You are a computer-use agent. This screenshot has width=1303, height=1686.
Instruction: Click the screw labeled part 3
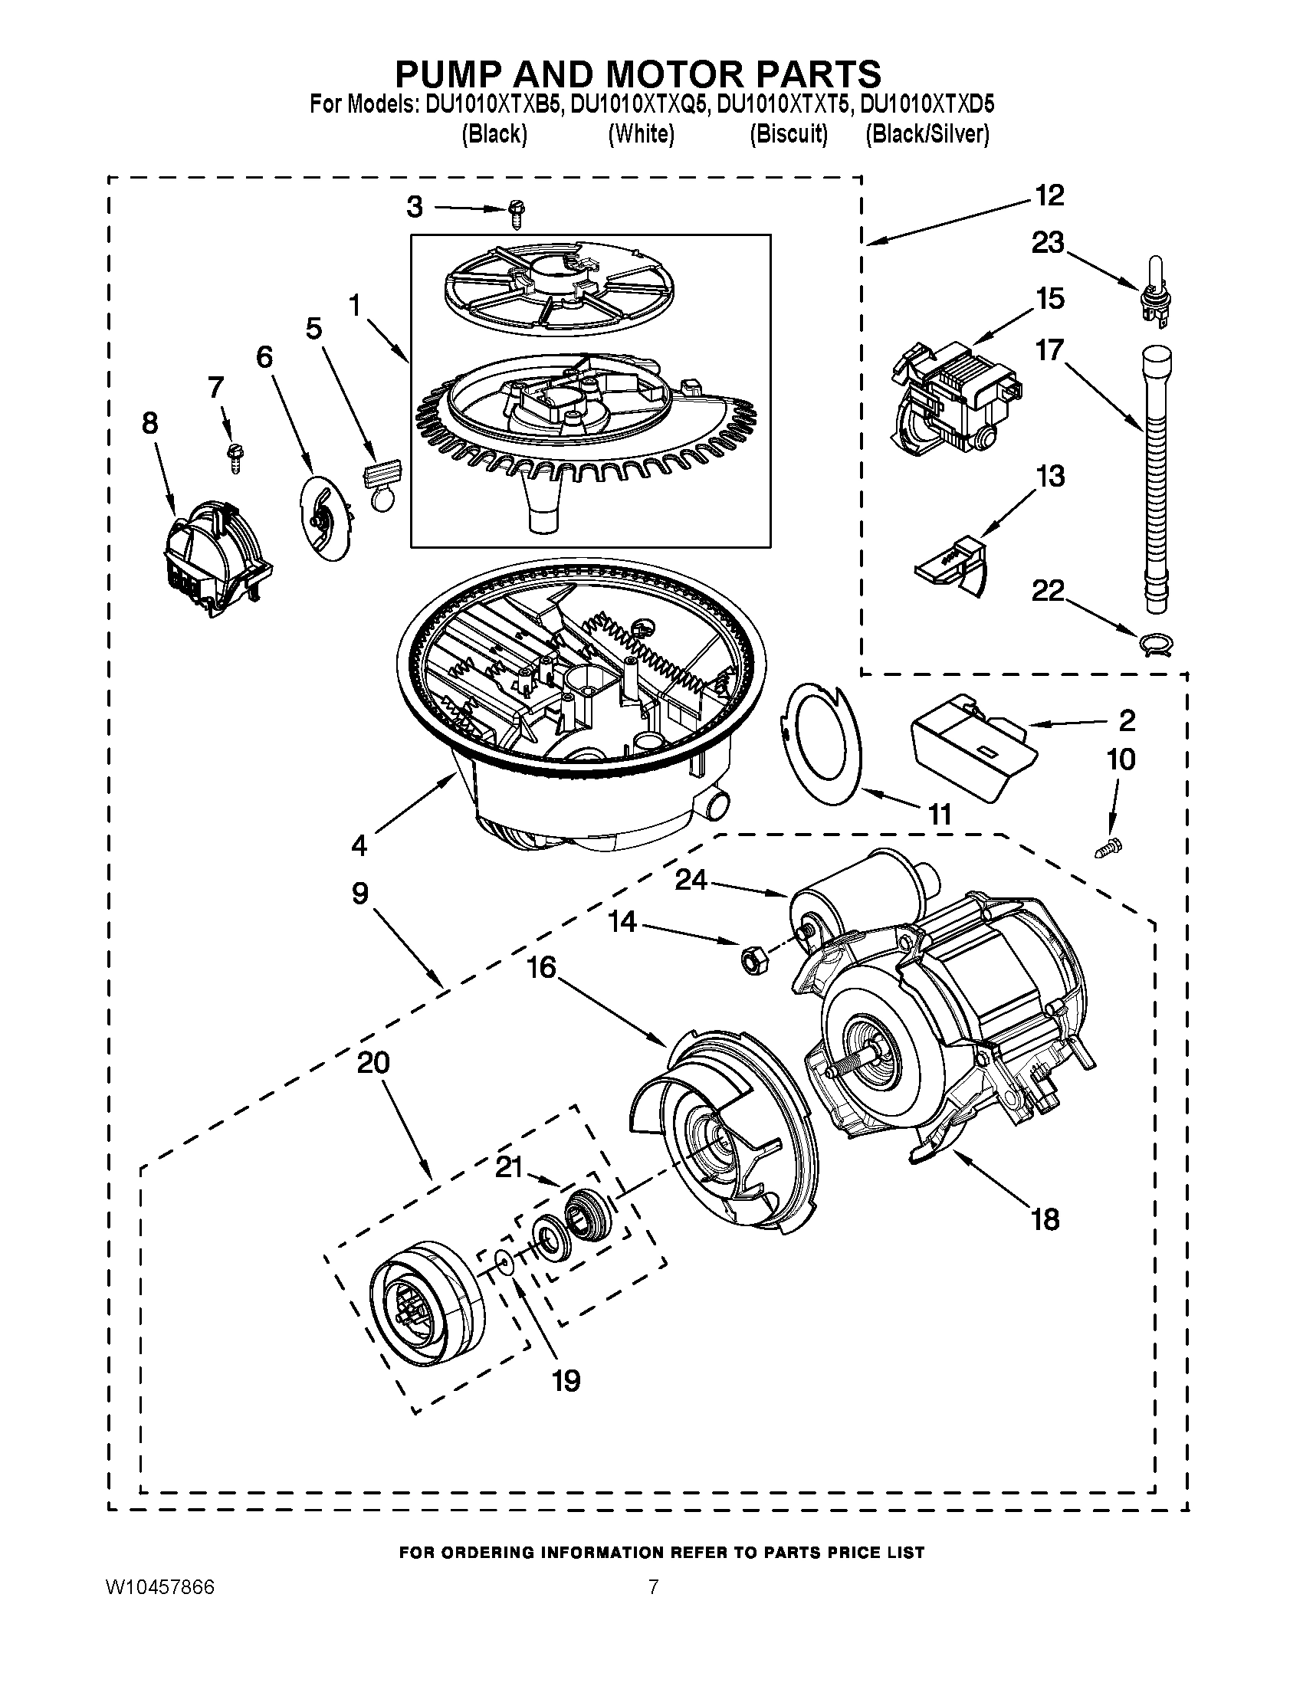(517, 212)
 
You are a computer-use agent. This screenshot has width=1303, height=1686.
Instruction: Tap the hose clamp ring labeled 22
(1155, 643)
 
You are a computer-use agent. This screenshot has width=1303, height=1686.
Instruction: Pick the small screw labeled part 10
(1109, 848)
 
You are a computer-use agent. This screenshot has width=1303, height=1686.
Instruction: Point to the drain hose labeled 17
(1156, 479)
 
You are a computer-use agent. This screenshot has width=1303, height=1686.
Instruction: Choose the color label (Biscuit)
(788, 134)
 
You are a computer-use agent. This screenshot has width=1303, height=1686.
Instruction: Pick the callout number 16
(543, 967)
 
